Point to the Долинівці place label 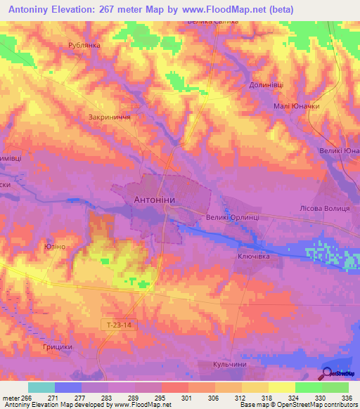[x=266, y=84]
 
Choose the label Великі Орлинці [x=233, y=218]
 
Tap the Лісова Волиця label [x=325, y=209]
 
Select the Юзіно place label [x=55, y=247]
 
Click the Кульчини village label [x=231, y=365]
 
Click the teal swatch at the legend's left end [x=41, y=387]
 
